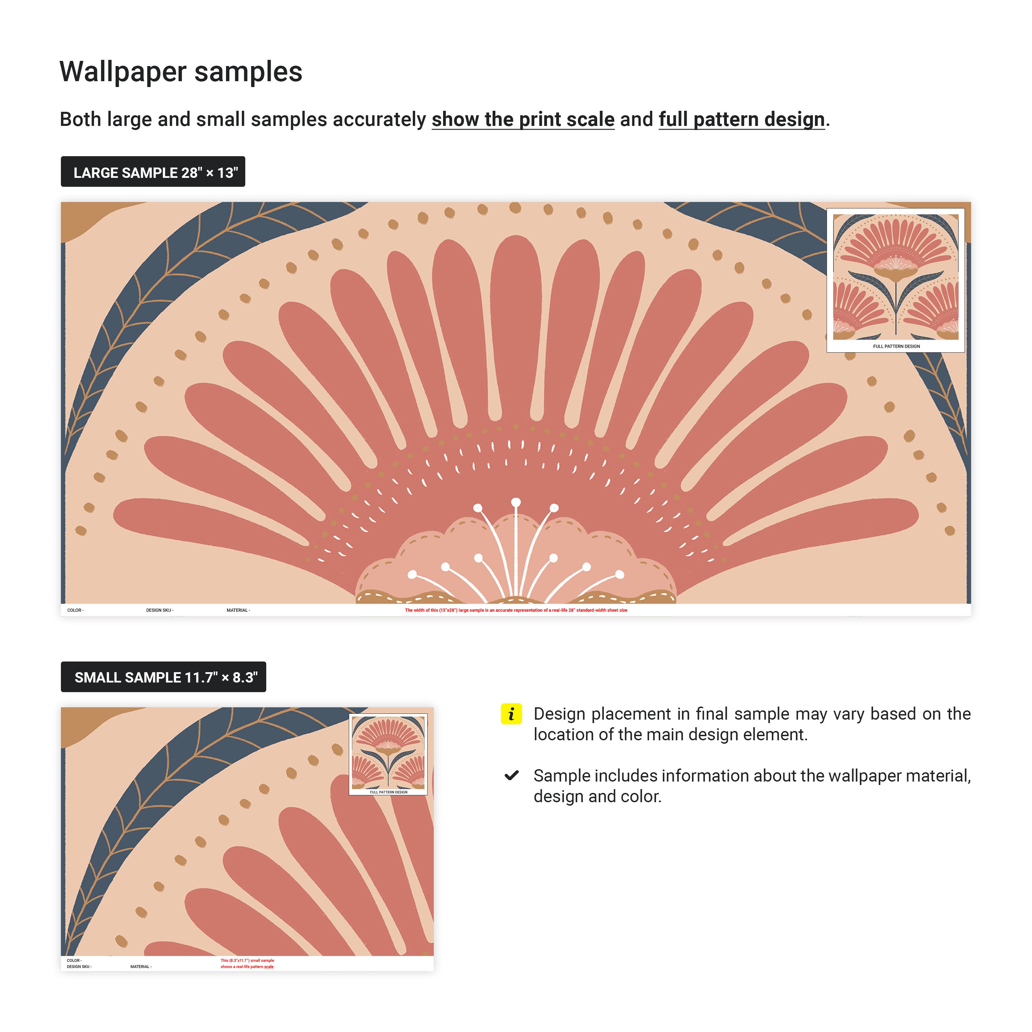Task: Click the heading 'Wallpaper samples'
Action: point(181,72)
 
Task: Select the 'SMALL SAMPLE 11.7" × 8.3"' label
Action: point(163,677)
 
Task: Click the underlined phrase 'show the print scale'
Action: point(523,119)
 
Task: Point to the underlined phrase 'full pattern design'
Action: point(741,119)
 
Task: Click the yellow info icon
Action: point(510,714)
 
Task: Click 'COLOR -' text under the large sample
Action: point(75,610)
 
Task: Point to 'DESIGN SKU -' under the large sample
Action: point(160,610)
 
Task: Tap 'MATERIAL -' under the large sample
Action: point(238,610)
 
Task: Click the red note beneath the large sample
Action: point(516,610)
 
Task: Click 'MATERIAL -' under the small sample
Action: point(141,966)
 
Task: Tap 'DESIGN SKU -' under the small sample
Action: point(79,966)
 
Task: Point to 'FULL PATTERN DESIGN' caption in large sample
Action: point(896,346)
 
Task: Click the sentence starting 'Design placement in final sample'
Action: point(752,724)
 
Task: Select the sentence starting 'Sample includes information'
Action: point(752,786)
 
